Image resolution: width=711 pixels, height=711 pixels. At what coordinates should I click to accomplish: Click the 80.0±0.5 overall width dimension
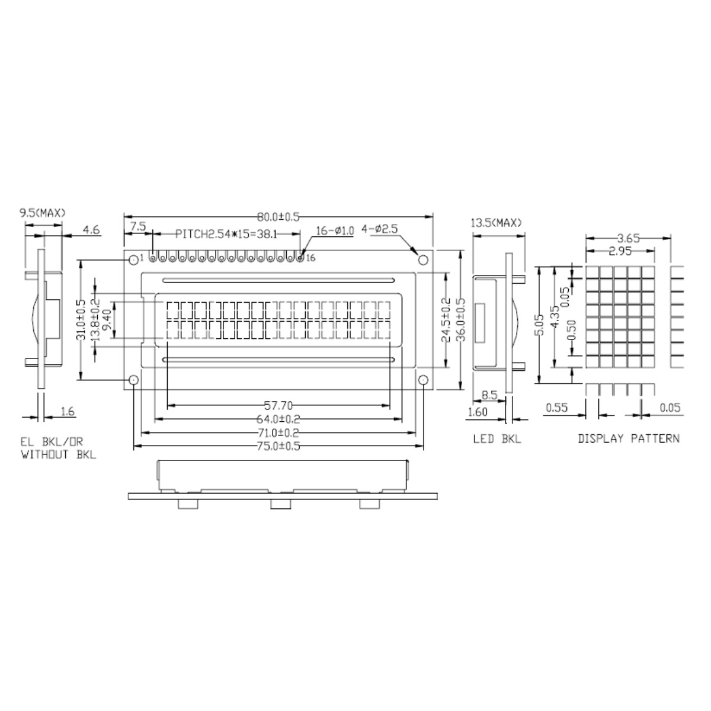[x=278, y=217]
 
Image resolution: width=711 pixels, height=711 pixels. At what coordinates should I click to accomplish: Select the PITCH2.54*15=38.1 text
[x=226, y=234]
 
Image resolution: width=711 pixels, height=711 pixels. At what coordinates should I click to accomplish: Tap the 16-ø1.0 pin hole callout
[x=335, y=231]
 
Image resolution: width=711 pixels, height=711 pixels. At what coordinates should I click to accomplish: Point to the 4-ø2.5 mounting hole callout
[x=379, y=229]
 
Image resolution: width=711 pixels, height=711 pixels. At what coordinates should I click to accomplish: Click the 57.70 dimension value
[x=278, y=406]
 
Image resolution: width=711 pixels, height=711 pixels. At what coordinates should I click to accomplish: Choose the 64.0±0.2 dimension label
[x=278, y=419]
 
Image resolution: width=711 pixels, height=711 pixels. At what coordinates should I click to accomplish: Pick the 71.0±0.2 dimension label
[x=278, y=433]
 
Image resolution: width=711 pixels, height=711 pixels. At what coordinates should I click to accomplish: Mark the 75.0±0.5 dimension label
[x=278, y=446]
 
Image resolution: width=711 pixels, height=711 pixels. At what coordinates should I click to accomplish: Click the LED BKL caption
[x=497, y=438]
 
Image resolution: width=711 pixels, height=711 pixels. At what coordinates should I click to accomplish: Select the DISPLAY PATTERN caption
[x=629, y=438]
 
